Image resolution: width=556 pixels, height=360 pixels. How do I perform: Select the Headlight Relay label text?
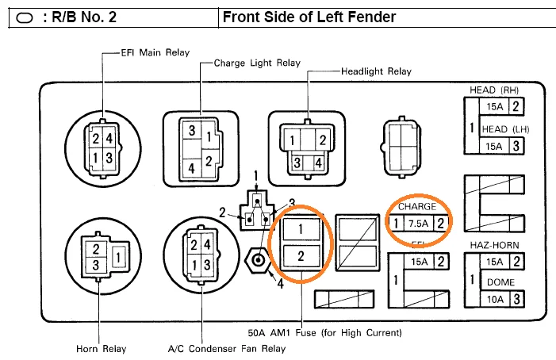pyautogui.click(x=376, y=71)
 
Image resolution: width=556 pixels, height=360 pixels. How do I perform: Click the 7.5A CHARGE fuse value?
pyautogui.click(x=418, y=224)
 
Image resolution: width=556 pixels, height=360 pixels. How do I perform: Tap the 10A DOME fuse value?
pyautogui.click(x=494, y=299)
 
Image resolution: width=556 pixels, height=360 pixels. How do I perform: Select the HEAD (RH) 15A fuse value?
pyautogui.click(x=494, y=106)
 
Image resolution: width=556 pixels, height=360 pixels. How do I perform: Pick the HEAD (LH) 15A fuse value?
pyautogui.click(x=494, y=146)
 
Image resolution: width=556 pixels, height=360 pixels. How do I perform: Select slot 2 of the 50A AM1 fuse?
pyautogui.click(x=300, y=256)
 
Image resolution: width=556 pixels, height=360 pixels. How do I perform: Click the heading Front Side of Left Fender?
pyautogui.click(x=309, y=17)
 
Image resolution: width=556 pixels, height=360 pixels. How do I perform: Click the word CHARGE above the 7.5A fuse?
pyautogui.click(x=417, y=206)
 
